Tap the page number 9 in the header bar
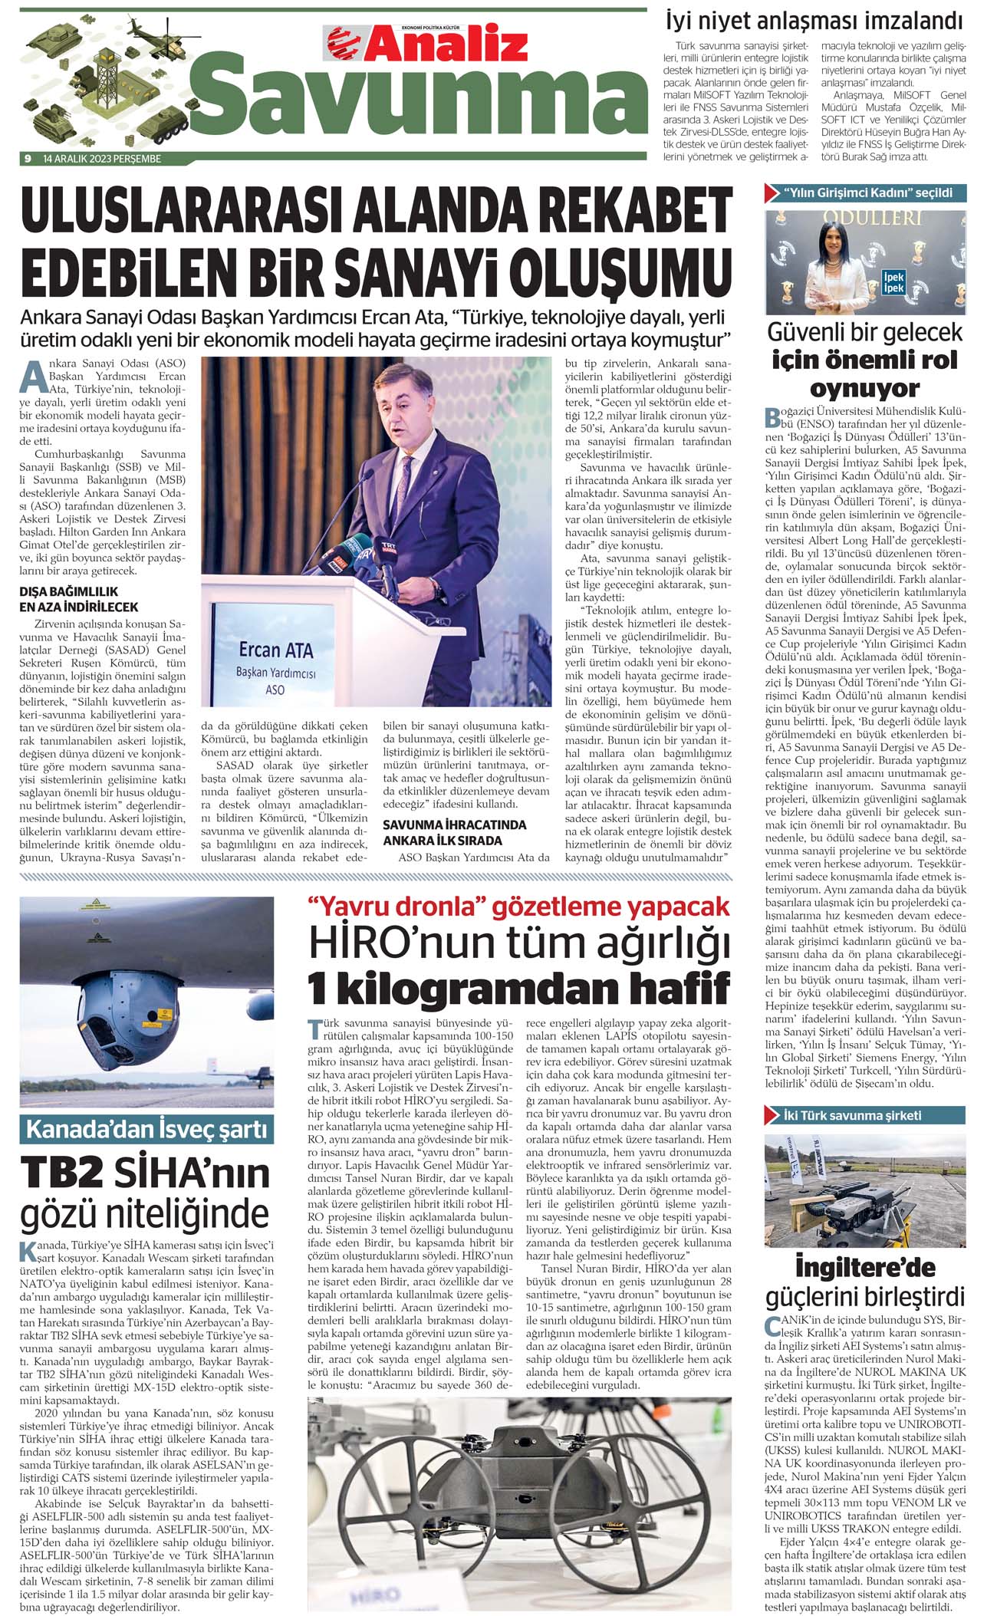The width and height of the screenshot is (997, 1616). (x=28, y=159)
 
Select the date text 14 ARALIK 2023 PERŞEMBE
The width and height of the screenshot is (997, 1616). (x=102, y=159)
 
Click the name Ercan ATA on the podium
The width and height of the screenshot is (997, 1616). (x=276, y=650)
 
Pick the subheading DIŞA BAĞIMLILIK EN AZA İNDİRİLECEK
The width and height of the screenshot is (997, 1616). (x=79, y=599)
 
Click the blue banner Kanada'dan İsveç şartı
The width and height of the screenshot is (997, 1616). (x=146, y=1130)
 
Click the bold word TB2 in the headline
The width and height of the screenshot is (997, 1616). (x=64, y=1174)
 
